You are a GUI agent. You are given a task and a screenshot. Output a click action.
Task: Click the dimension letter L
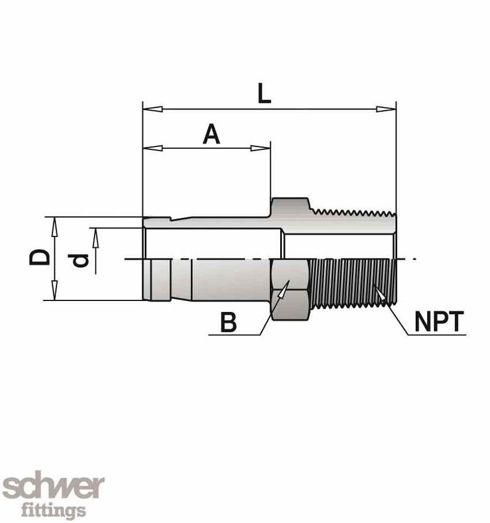coord(264,94)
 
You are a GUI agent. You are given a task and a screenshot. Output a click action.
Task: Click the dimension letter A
coord(211,135)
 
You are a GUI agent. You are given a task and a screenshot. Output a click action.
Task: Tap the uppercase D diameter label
coord(38,258)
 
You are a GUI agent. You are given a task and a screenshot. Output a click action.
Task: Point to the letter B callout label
coord(229,323)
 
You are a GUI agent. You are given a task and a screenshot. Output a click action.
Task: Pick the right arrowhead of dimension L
coord(387,109)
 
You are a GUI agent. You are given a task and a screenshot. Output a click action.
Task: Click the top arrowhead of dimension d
coord(96,236)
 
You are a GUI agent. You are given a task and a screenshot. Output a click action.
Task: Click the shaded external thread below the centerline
coord(352,283)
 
